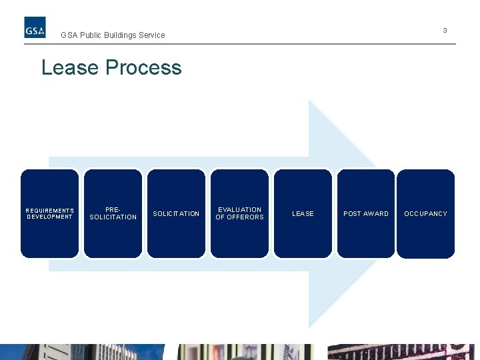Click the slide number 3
click(x=445, y=31)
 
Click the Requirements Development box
click(x=49, y=213)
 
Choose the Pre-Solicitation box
click(x=113, y=213)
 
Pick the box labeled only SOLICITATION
click(x=176, y=213)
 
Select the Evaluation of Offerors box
click(x=239, y=213)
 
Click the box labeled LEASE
click(x=303, y=213)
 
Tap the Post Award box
click(x=365, y=213)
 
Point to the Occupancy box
click(x=425, y=213)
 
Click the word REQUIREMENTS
click(x=50, y=211)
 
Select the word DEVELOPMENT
click(x=50, y=217)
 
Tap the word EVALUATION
click(x=240, y=210)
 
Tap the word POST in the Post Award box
click(x=352, y=214)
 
